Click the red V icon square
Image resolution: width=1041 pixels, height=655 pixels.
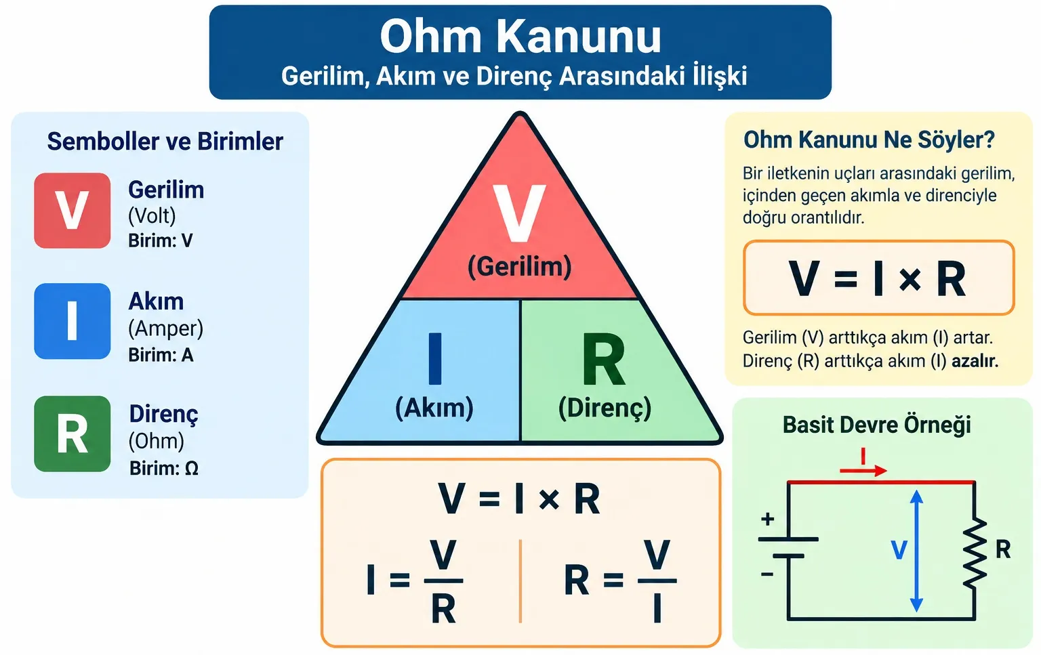72,211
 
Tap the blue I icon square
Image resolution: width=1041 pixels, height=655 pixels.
72,321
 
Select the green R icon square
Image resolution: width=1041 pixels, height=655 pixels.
72,434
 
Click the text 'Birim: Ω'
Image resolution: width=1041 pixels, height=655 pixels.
164,468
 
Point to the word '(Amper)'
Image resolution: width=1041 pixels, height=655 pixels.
166,329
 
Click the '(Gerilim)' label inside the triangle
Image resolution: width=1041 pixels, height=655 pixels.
520,267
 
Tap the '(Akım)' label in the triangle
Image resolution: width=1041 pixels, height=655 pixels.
434,408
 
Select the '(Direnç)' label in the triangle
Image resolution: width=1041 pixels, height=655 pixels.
605,408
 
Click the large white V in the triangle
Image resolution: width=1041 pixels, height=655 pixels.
519,212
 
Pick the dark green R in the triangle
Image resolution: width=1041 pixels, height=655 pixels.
604,359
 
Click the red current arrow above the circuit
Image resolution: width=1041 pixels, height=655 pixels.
863,471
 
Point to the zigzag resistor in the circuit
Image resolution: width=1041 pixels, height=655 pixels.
975,553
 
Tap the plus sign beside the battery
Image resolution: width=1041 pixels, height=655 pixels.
767,518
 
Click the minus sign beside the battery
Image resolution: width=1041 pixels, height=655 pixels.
767,574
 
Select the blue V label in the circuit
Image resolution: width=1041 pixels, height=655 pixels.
899,550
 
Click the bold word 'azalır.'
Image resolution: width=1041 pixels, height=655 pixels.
975,361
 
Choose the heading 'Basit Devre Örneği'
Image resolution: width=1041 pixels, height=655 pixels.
877,425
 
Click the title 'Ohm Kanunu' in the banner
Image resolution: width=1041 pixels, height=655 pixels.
520,36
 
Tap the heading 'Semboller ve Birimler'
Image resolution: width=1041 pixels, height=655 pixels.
165,141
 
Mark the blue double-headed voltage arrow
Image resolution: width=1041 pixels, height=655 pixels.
916,551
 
